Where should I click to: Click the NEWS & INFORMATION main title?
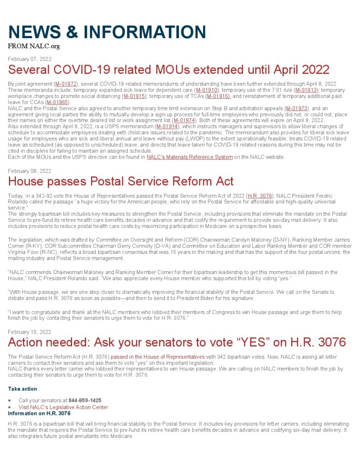[107, 32]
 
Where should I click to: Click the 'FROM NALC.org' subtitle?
[34, 46]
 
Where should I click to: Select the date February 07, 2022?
[30, 59]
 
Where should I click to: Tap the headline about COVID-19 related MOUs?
[168, 70]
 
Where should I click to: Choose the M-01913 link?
[308, 90]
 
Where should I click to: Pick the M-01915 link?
[134, 96]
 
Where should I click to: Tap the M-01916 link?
[218, 96]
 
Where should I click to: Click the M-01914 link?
[167, 126]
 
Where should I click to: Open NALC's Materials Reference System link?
[189, 157]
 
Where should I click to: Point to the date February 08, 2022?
[30, 171]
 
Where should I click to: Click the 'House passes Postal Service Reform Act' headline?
[121, 181]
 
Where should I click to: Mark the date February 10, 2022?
[30, 332]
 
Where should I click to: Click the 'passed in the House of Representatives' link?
[157, 357]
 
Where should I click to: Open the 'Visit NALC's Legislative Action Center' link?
[63, 407]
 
